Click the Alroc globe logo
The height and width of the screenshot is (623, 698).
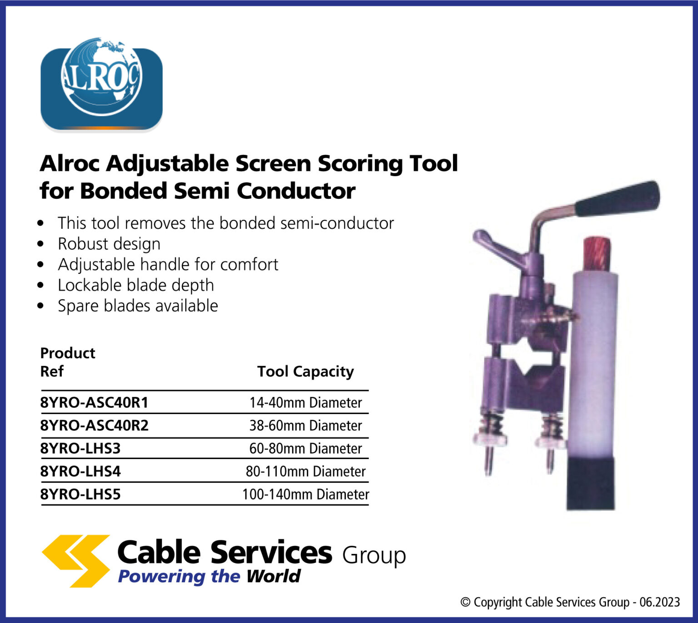pos(101,84)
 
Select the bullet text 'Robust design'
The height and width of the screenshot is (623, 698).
pos(109,244)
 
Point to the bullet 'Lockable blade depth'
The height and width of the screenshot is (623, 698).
pos(135,285)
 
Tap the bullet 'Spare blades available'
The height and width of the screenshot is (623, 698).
pos(138,306)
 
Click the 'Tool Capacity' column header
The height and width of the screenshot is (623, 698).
pos(305,371)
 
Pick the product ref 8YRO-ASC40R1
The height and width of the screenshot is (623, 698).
pos(94,402)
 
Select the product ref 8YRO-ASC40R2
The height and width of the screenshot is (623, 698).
pos(94,425)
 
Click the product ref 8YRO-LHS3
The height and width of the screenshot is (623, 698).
pos(80,448)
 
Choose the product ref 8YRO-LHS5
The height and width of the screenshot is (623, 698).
pos(80,494)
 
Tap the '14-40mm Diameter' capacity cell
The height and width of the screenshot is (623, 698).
pos(305,402)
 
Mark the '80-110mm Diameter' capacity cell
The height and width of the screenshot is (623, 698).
pos(305,471)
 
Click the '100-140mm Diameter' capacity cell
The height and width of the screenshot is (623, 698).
pos(305,494)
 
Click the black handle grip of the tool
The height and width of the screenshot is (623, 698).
pos(618,198)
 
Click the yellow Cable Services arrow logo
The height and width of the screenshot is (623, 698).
pos(76,560)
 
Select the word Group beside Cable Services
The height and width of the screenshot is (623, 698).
pos(374,555)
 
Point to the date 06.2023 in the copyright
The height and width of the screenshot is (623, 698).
pos(659,602)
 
